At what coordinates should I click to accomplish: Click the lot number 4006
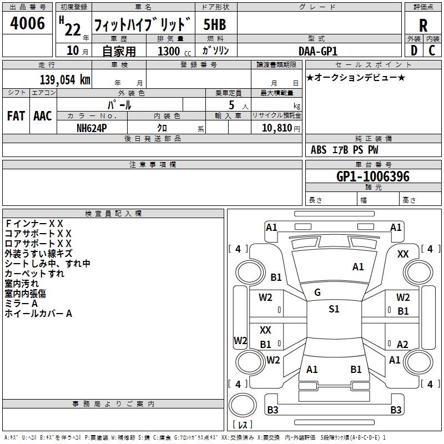click(28, 24)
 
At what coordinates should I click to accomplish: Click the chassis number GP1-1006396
click(373, 176)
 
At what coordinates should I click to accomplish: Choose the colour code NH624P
click(92, 127)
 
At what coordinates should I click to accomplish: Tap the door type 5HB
click(215, 25)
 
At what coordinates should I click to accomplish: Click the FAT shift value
click(16, 116)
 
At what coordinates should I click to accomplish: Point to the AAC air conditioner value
click(43, 116)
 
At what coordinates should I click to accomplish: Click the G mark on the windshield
click(317, 292)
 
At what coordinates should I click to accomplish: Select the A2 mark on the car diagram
click(402, 344)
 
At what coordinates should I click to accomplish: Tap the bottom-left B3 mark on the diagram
click(273, 410)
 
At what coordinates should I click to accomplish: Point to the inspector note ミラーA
click(21, 304)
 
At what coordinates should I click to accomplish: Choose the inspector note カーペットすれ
click(34, 274)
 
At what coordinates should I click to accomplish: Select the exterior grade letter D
click(413, 51)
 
